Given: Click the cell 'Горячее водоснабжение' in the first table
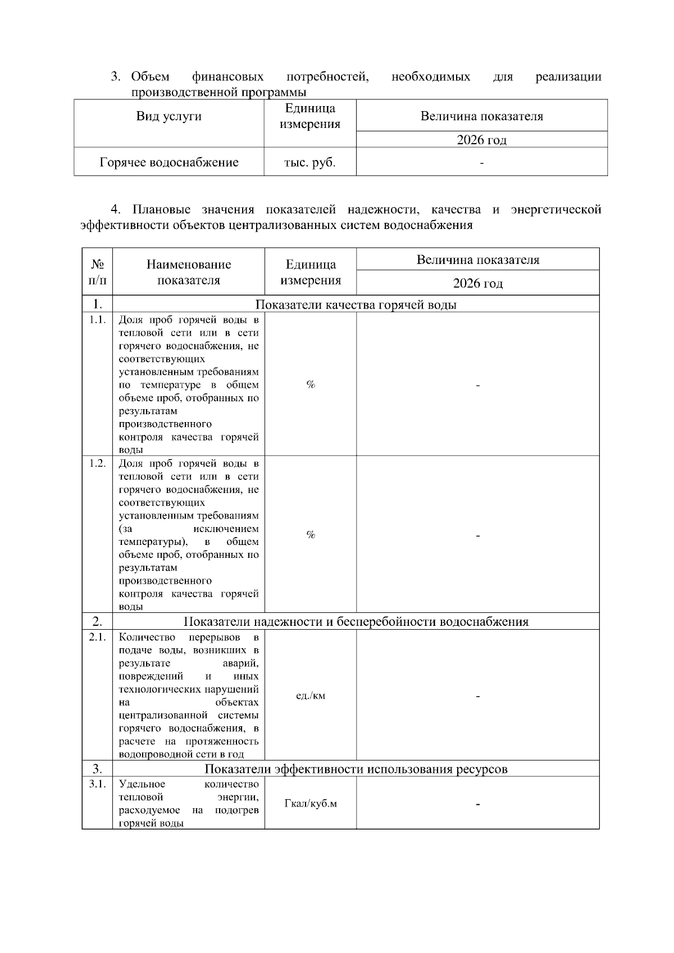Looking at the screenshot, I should [x=169, y=163].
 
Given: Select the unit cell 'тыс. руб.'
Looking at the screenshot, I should [x=309, y=163].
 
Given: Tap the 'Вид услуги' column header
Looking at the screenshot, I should [x=169, y=117].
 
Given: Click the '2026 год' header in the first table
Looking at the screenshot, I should [x=481, y=140].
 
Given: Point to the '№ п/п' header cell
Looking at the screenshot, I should [x=97, y=272].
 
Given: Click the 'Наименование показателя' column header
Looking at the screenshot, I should [x=189, y=272].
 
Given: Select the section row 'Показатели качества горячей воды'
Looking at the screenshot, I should [x=356, y=305].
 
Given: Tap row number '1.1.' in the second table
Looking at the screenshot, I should [x=97, y=320].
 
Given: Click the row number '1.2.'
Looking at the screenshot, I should [x=97, y=463].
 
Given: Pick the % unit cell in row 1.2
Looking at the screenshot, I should [x=311, y=535].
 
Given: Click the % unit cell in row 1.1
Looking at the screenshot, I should [x=311, y=384].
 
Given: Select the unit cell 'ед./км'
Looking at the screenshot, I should [x=311, y=696].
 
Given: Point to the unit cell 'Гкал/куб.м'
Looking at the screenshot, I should [x=311, y=804].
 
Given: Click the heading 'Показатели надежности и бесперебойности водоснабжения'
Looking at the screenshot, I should [x=356, y=622].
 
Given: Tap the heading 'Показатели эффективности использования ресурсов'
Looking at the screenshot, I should [x=356, y=769].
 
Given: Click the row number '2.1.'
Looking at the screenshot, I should [x=97, y=637].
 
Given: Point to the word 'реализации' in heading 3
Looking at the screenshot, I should [x=568, y=76].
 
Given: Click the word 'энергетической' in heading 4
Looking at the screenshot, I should [x=555, y=210].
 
